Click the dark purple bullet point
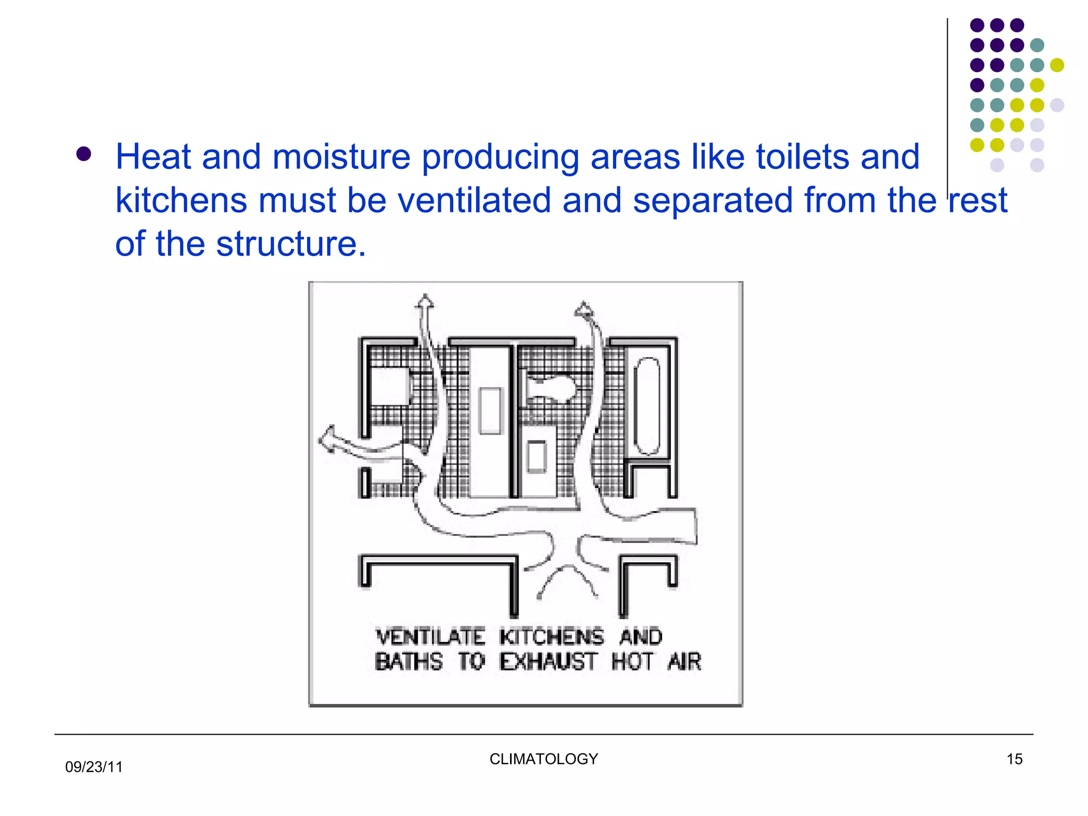pyautogui.click(x=83, y=154)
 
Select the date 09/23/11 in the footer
pyautogui.click(x=94, y=767)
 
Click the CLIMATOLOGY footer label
pyautogui.click(x=543, y=759)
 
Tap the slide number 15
pyautogui.click(x=1014, y=759)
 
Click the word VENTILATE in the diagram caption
pyautogui.click(x=430, y=636)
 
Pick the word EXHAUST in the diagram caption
pyautogui.click(x=548, y=661)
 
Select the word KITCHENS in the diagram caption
pyautogui.click(x=551, y=636)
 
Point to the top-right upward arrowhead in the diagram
pyautogui.click(x=584, y=310)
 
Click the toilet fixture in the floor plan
pyautogui.click(x=551, y=387)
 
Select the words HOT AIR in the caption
pyautogui.click(x=656, y=661)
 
